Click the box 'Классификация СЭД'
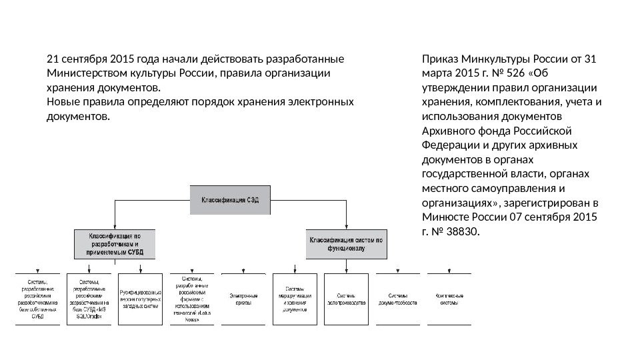[x=231, y=199]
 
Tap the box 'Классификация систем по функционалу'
[x=345, y=244]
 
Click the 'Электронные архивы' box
[x=244, y=298]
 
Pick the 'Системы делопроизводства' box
[x=347, y=298]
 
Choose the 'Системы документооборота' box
[x=399, y=298]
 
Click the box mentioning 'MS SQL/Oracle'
[x=89, y=298]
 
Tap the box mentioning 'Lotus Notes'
[x=193, y=298]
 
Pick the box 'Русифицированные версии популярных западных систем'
[x=141, y=298]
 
